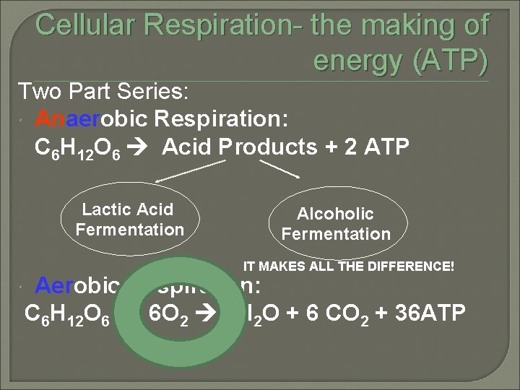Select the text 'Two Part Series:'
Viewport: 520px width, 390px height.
tap(103, 92)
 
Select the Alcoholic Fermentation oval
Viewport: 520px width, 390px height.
tap(336, 223)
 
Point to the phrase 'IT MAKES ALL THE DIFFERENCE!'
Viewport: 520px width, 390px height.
tap(348, 266)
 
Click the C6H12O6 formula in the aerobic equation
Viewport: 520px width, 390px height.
tap(66, 316)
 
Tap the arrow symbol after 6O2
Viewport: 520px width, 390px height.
tap(210, 315)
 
